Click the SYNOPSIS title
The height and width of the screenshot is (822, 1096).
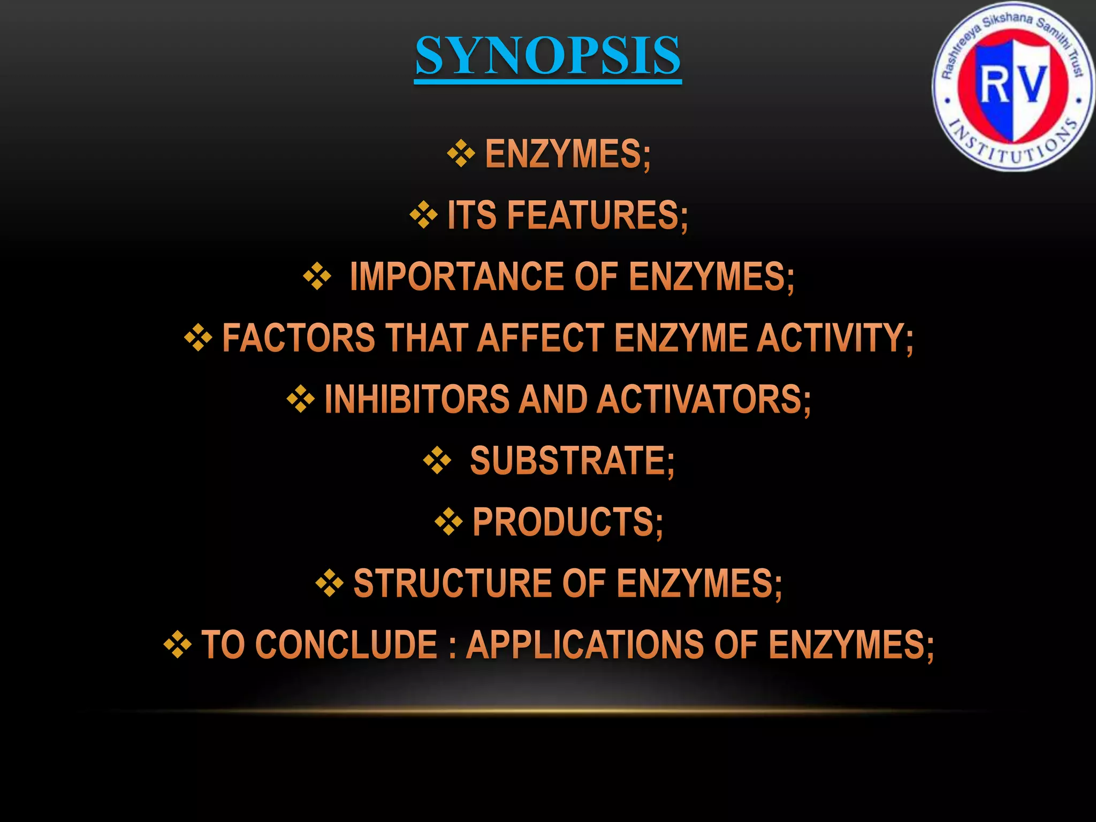[547, 56]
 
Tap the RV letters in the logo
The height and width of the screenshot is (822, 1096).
[1013, 85]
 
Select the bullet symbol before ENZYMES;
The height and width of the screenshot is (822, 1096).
[461, 154]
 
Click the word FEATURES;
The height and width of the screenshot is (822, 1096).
[597, 215]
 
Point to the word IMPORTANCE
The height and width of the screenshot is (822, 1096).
[456, 277]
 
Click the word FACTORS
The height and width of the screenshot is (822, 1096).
[299, 338]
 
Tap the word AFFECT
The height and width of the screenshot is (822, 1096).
[541, 338]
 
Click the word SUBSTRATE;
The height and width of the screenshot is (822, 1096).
[572, 461]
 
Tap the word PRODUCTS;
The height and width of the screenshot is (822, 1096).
[568, 522]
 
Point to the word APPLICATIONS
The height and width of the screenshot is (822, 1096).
[585, 645]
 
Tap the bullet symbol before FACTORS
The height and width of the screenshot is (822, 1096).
[198, 338]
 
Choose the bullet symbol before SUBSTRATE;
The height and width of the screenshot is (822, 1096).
[437, 460]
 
